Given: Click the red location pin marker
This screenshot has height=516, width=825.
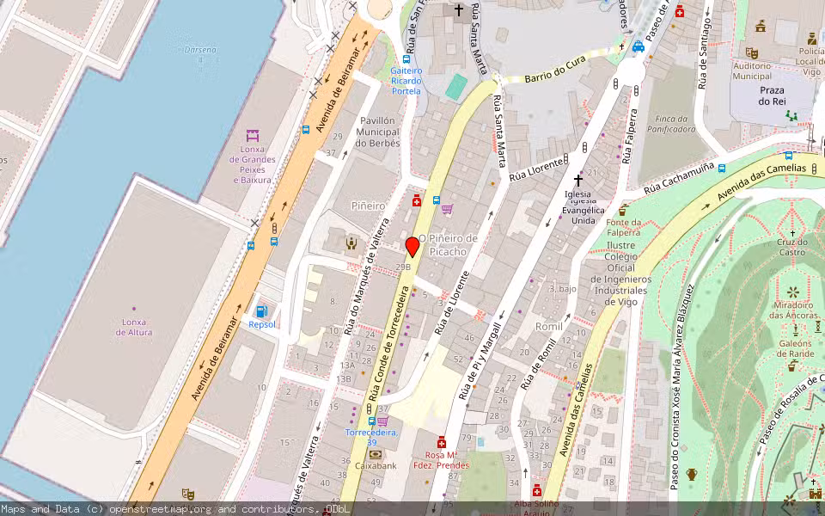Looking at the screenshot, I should coord(412,246).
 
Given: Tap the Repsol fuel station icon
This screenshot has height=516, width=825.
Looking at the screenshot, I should coord(261,311).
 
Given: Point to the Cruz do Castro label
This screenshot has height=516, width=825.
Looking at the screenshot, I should coord(792,247).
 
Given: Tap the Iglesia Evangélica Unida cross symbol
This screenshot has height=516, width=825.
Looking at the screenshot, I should coord(578,181).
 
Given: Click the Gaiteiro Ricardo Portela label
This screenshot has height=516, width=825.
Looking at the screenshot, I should coord(406,80).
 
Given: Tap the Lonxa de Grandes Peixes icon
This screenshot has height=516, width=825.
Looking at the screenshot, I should coord(253,136).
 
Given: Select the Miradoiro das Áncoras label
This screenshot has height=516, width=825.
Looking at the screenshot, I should coord(792,310).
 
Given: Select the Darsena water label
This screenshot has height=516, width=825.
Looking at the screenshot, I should coord(200,50).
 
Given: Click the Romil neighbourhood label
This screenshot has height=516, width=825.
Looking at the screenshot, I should coord(548,327).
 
